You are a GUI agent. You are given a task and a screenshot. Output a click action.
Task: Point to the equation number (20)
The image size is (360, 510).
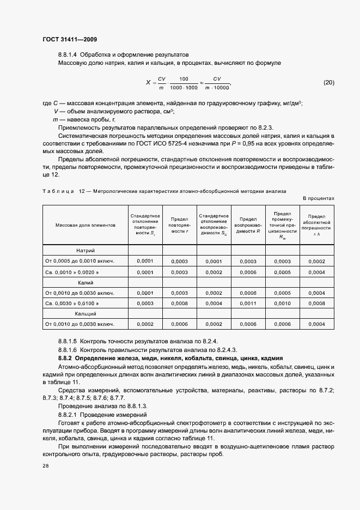[329, 83]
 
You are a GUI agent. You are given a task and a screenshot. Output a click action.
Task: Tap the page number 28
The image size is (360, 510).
[45, 466]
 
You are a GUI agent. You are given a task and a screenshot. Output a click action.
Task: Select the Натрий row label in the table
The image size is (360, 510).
[86, 251]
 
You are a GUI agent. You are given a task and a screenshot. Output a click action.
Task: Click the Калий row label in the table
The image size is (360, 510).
[86, 283]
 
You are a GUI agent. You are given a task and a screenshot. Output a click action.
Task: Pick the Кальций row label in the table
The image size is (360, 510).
[86, 314]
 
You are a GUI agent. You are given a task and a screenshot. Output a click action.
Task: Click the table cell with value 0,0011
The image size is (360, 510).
[248, 303]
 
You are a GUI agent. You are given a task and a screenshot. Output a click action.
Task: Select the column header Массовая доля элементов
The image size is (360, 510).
[85, 225]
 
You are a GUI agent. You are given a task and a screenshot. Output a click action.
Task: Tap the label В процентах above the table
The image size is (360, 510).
[319, 199]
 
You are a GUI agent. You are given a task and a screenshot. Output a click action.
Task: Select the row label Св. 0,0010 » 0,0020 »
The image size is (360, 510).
[72, 272]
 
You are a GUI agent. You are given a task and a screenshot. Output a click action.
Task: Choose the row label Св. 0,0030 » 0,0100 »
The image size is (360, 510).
[72, 303]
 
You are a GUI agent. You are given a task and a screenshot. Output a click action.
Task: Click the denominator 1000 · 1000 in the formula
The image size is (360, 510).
[184, 88]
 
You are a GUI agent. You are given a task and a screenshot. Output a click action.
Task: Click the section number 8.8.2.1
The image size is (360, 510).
[70, 415]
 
